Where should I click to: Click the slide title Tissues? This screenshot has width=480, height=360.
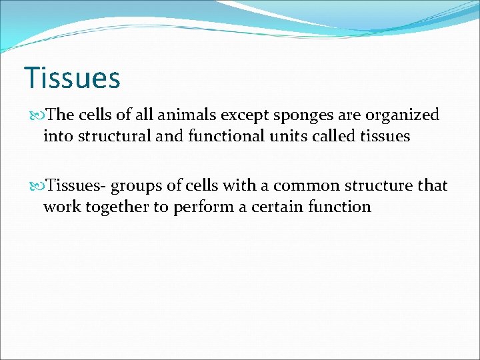click(72, 77)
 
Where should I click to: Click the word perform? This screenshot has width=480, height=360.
click(199, 207)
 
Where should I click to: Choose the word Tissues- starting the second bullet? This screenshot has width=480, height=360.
click(74, 185)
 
